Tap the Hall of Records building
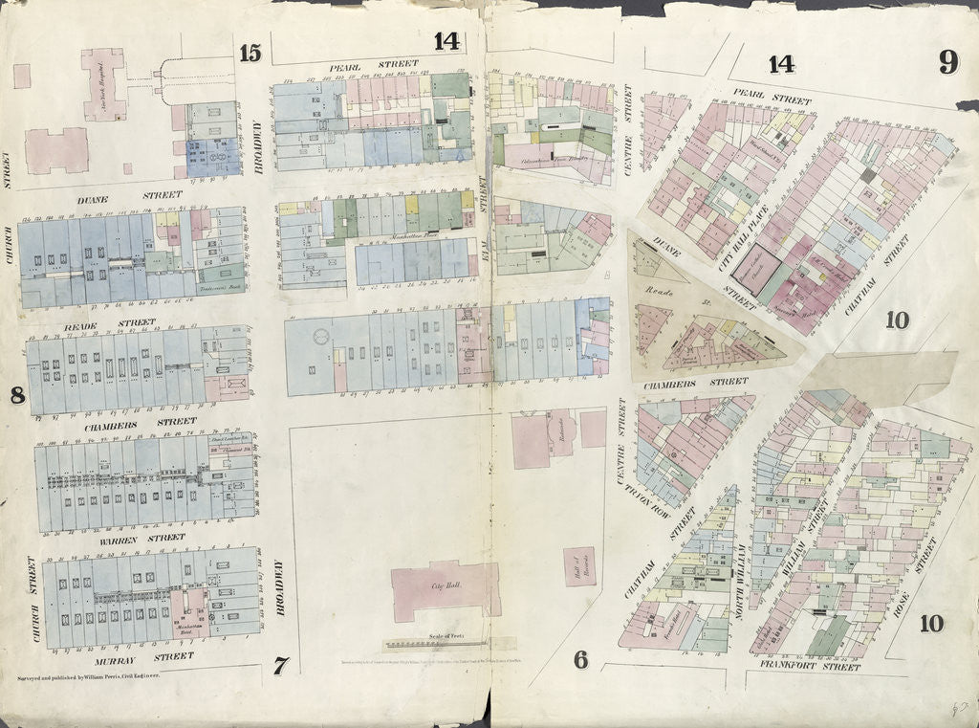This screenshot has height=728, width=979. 579,566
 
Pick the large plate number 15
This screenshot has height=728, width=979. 250,54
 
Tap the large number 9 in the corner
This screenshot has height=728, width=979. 946,63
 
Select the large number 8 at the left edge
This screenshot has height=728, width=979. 16,394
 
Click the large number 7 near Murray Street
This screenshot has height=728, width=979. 279,666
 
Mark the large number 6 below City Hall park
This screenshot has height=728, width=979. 579,659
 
